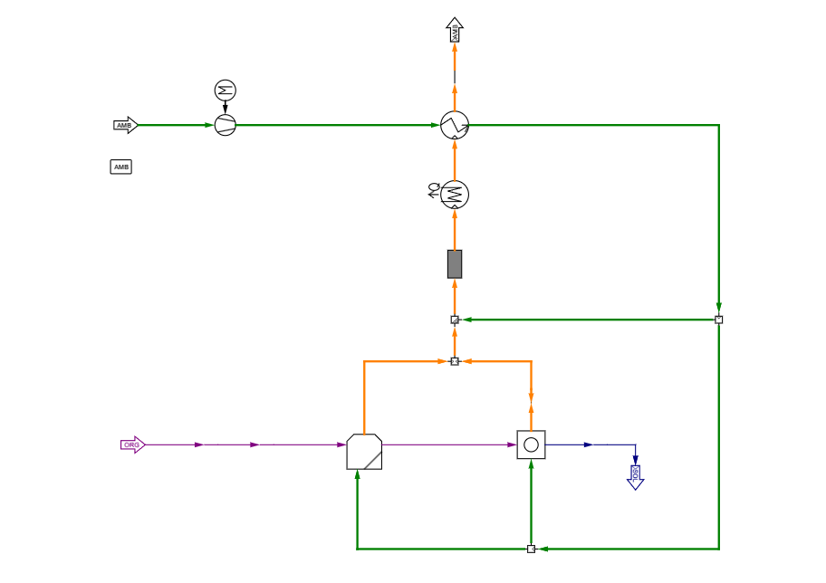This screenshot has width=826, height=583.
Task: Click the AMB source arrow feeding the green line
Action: point(125,125)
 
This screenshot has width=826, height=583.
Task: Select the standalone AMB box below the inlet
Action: point(120,167)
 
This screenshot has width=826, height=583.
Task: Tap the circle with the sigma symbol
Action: point(225,91)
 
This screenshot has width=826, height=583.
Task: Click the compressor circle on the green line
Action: point(225,125)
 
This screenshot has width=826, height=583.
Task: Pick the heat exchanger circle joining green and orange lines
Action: point(455,125)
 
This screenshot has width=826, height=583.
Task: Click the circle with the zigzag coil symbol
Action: point(455,195)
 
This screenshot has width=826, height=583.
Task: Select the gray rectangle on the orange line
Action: point(455,263)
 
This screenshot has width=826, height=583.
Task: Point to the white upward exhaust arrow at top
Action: point(455,30)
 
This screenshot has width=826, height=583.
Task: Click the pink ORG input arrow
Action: point(132,444)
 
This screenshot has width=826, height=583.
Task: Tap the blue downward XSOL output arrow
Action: point(635,476)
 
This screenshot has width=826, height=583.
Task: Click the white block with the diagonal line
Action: point(364,452)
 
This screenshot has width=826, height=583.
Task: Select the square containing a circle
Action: point(531,444)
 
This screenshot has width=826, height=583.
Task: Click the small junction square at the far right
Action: point(718,320)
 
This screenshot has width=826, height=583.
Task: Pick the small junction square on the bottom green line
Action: point(531,549)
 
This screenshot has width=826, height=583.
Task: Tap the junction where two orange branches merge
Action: point(455,361)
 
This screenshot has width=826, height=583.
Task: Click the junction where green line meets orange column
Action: point(455,320)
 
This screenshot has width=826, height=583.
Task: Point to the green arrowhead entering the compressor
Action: point(208,125)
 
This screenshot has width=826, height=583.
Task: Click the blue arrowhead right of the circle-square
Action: point(587,444)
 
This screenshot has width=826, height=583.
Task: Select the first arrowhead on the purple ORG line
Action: point(198,444)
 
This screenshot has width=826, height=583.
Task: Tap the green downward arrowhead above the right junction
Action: point(718,308)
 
